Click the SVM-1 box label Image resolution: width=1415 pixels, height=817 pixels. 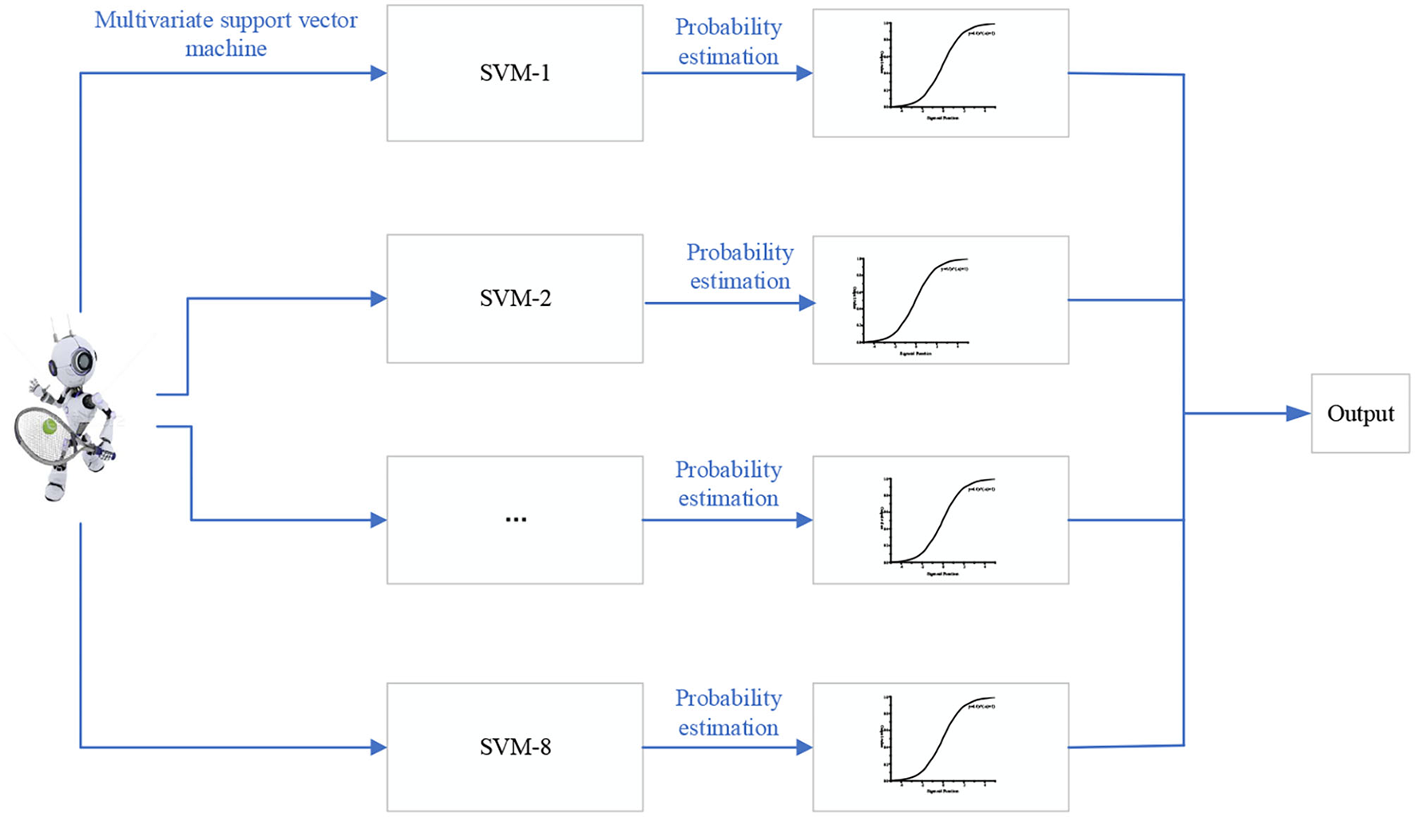coord(515,73)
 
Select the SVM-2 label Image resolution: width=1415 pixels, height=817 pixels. coord(515,299)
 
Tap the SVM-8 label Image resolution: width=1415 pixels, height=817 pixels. coord(515,748)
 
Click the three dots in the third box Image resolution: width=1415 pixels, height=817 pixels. coord(516,520)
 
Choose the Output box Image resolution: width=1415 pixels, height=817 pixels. coord(1360,414)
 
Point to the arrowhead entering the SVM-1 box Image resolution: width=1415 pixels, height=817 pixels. coord(379,73)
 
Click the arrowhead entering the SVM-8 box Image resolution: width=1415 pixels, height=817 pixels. coord(379,748)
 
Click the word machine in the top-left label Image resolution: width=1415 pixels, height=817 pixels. coord(226,49)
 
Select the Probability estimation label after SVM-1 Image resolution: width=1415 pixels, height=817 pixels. coord(727,42)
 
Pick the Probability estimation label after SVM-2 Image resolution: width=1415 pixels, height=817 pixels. coord(739,267)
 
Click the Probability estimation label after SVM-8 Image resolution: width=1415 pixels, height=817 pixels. coord(727,712)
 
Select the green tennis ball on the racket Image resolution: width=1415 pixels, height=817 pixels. coord(50,427)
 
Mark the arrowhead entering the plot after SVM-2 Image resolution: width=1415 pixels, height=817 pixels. coord(807,303)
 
